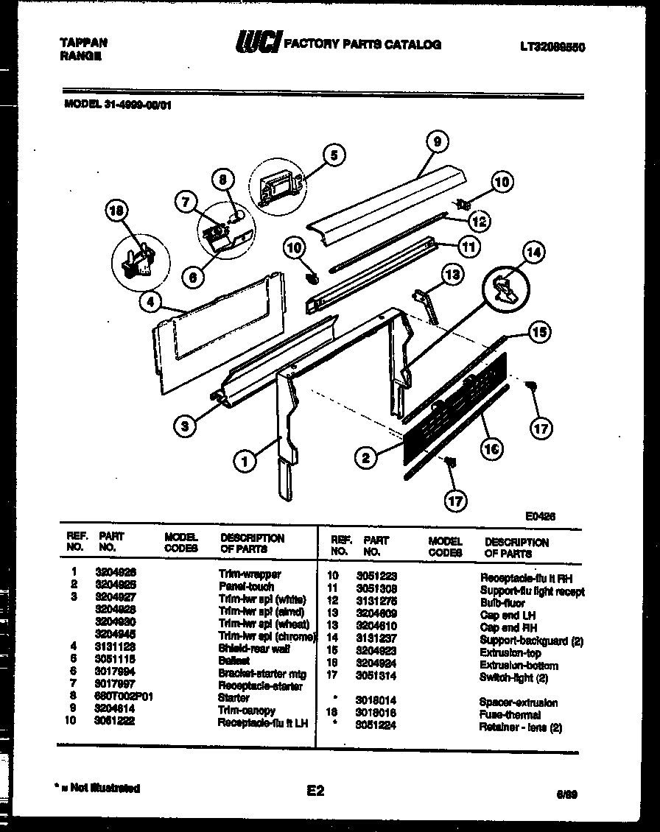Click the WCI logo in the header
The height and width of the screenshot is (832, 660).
tap(257, 43)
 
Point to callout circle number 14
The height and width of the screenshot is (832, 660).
tap(533, 253)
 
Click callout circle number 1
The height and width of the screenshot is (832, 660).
tap(245, 462)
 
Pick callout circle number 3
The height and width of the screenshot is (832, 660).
tap(186, 425)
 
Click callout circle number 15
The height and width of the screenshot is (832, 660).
tap(541, 333)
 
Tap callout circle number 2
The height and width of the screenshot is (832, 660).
tap(365, 458)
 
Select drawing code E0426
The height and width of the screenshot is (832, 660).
tap(541, 517)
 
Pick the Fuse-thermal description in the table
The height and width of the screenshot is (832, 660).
tap(510, 715)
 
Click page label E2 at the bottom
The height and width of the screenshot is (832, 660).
tap(315, 792)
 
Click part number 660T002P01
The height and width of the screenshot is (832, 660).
tap(125, 698)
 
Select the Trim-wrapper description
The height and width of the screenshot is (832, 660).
tap(250, 574)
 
